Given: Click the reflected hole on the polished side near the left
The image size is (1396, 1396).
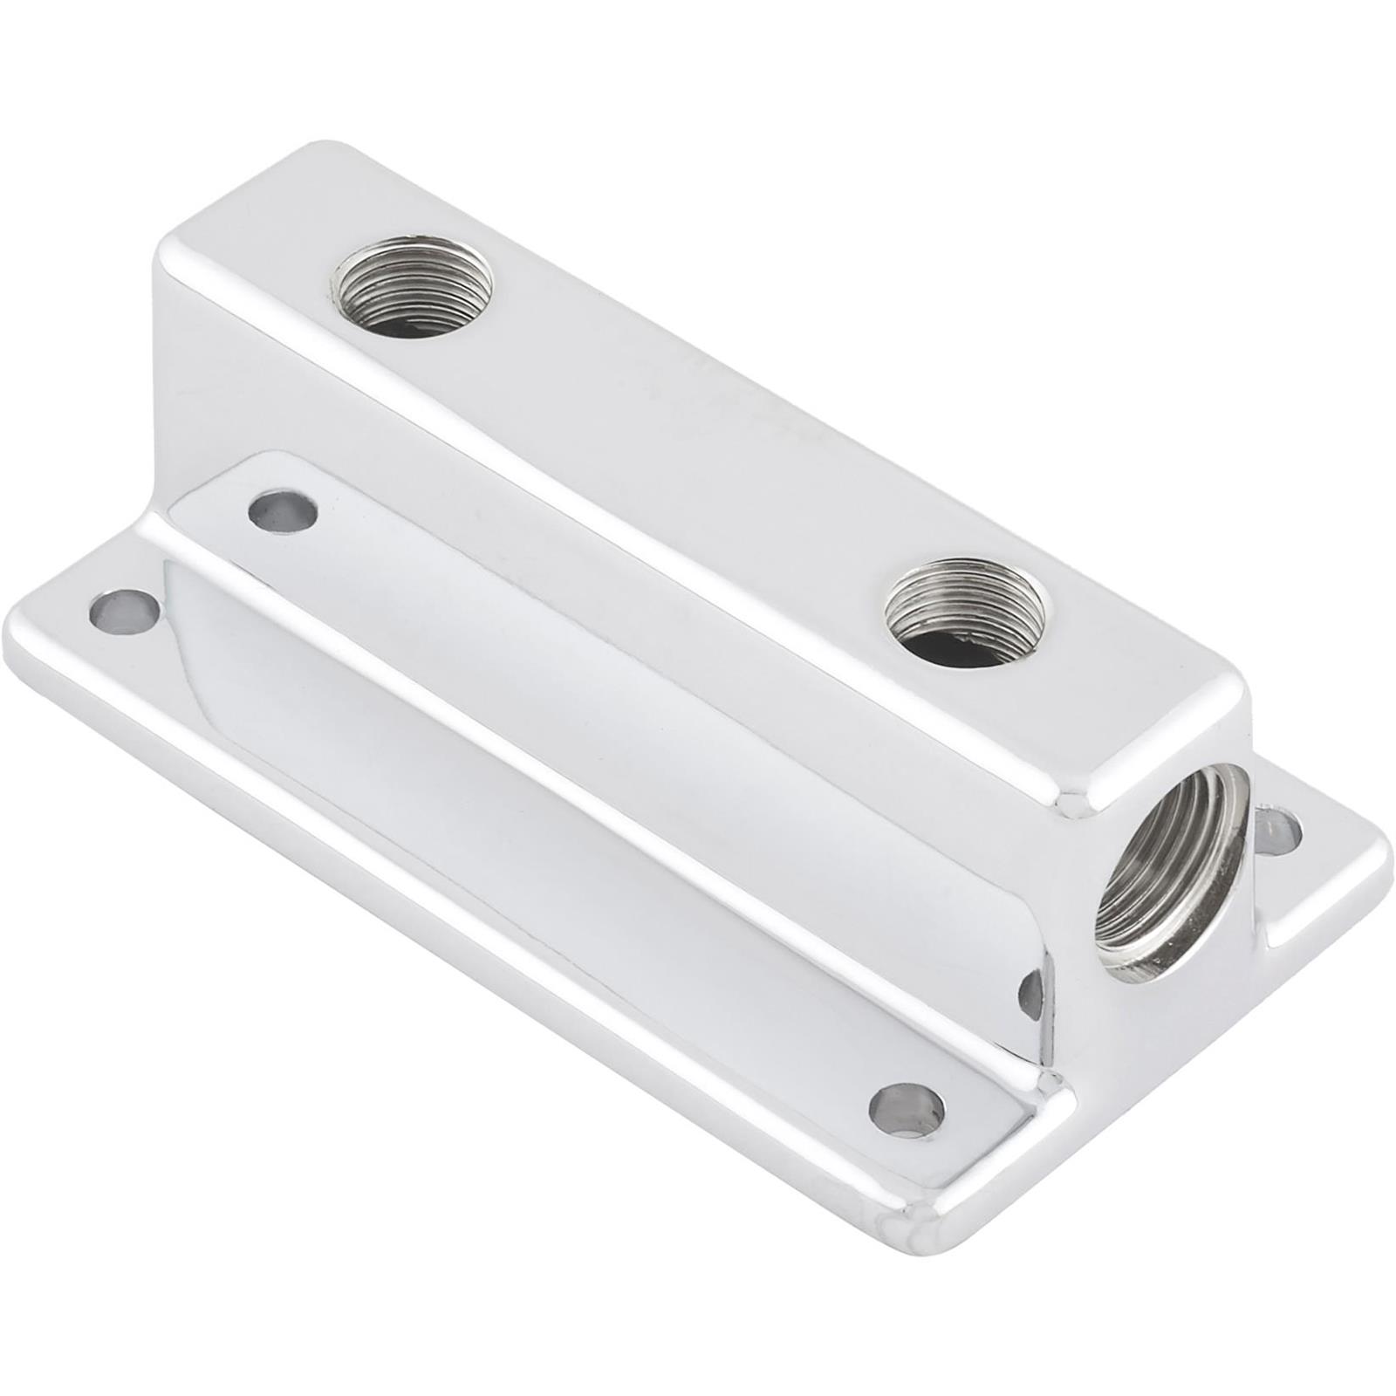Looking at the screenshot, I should [x=282, y=512].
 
